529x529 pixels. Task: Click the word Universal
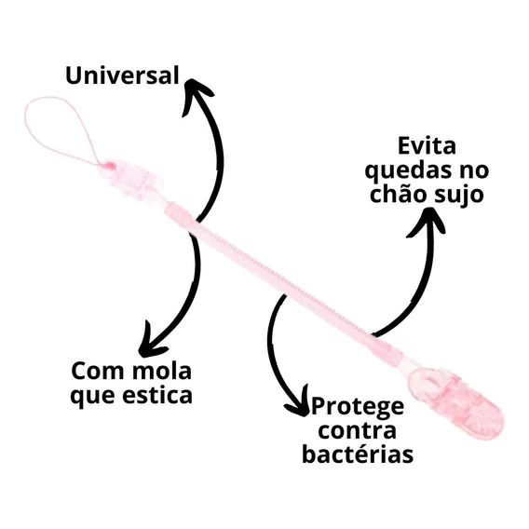point(122,75)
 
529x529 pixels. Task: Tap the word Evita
point(427,145)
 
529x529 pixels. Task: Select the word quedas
point(408,170)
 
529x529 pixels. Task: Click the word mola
point(162,371)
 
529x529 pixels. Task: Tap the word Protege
point(358,407)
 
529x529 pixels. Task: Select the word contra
point(357,430)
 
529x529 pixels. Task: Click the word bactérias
point(358,454)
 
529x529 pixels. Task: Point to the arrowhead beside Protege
point(299,403)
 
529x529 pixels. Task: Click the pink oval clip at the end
point(456,400)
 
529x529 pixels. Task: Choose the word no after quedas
point(473,171)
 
